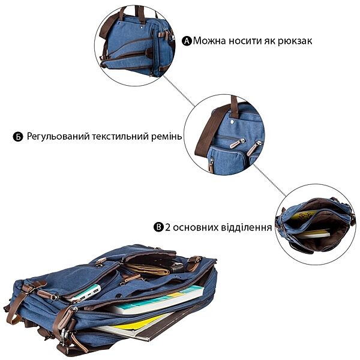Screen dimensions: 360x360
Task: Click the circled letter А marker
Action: click(x=187, y=41)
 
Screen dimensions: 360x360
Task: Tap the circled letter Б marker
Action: click(x=18, y=137)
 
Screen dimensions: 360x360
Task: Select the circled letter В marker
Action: click(x=158, y=227)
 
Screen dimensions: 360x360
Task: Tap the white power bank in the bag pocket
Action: click(x=87, y=292)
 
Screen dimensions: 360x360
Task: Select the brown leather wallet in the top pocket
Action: click(x=148, y=269)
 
